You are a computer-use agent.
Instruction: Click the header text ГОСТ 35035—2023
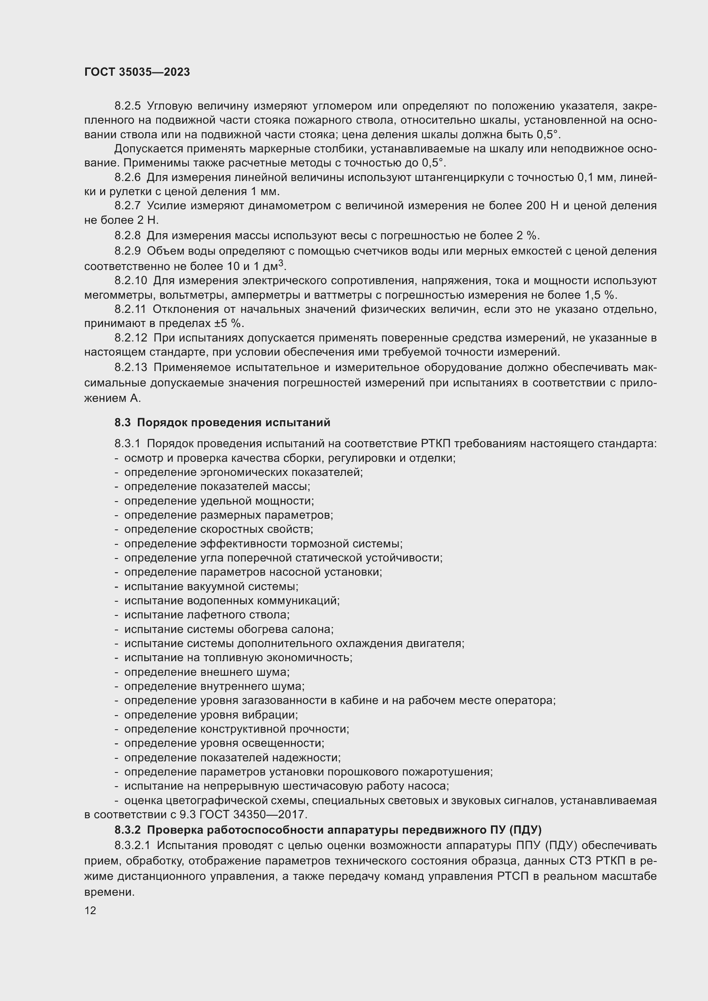[x=137, y=72]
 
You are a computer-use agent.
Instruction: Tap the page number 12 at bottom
[x=90, y=910]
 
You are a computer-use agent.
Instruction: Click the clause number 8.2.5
[x=127, y=106]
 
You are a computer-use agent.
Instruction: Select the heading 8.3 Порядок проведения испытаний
[x=222, y=422]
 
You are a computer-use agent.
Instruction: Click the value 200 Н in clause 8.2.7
[x=542, y=206]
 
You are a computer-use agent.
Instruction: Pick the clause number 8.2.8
[x=127, y=236]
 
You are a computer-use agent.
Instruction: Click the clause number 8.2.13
[x=131, y=368]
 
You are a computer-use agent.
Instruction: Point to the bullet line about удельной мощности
[x=219, y=501]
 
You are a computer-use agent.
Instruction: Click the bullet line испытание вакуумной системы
[x=211, y=586]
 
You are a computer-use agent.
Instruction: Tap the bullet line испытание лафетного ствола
[x=207, y=615]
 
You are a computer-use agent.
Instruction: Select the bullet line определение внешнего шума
[x=207, y=672]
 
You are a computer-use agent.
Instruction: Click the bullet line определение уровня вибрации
[x=211, y=715]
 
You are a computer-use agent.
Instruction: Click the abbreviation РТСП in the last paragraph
[x=512, y=877]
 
